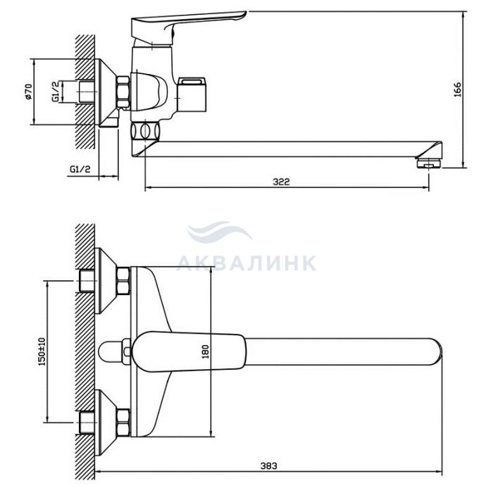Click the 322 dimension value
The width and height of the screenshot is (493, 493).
[281, 182]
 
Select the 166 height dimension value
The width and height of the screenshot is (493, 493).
[458, 89]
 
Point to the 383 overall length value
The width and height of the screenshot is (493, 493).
[269, 466]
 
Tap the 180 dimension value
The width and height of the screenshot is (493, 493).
[205, 352]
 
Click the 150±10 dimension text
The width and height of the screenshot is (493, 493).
[42, 351]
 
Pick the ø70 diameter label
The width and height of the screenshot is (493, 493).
[28, 92]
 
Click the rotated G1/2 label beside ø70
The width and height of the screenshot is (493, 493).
[56, 91]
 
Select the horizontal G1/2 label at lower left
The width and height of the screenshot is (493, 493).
[80, 169]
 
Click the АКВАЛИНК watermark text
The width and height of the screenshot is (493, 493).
[246, 263]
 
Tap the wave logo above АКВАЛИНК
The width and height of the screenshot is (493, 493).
[220, 232]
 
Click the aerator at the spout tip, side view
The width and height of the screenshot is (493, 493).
[429, 163]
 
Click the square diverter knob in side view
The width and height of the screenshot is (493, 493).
[191, 94]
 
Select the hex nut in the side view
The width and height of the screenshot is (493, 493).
[123, 92]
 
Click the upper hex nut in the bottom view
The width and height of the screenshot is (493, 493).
[123, 281]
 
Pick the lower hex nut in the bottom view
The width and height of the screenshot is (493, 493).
[123, 423]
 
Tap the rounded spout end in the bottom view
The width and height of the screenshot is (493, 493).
[437, 352]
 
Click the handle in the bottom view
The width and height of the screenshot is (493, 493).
[189, 351]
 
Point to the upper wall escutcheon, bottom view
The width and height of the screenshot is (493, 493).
[106, 281]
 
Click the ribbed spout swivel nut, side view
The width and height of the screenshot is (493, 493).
[145, 131]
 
